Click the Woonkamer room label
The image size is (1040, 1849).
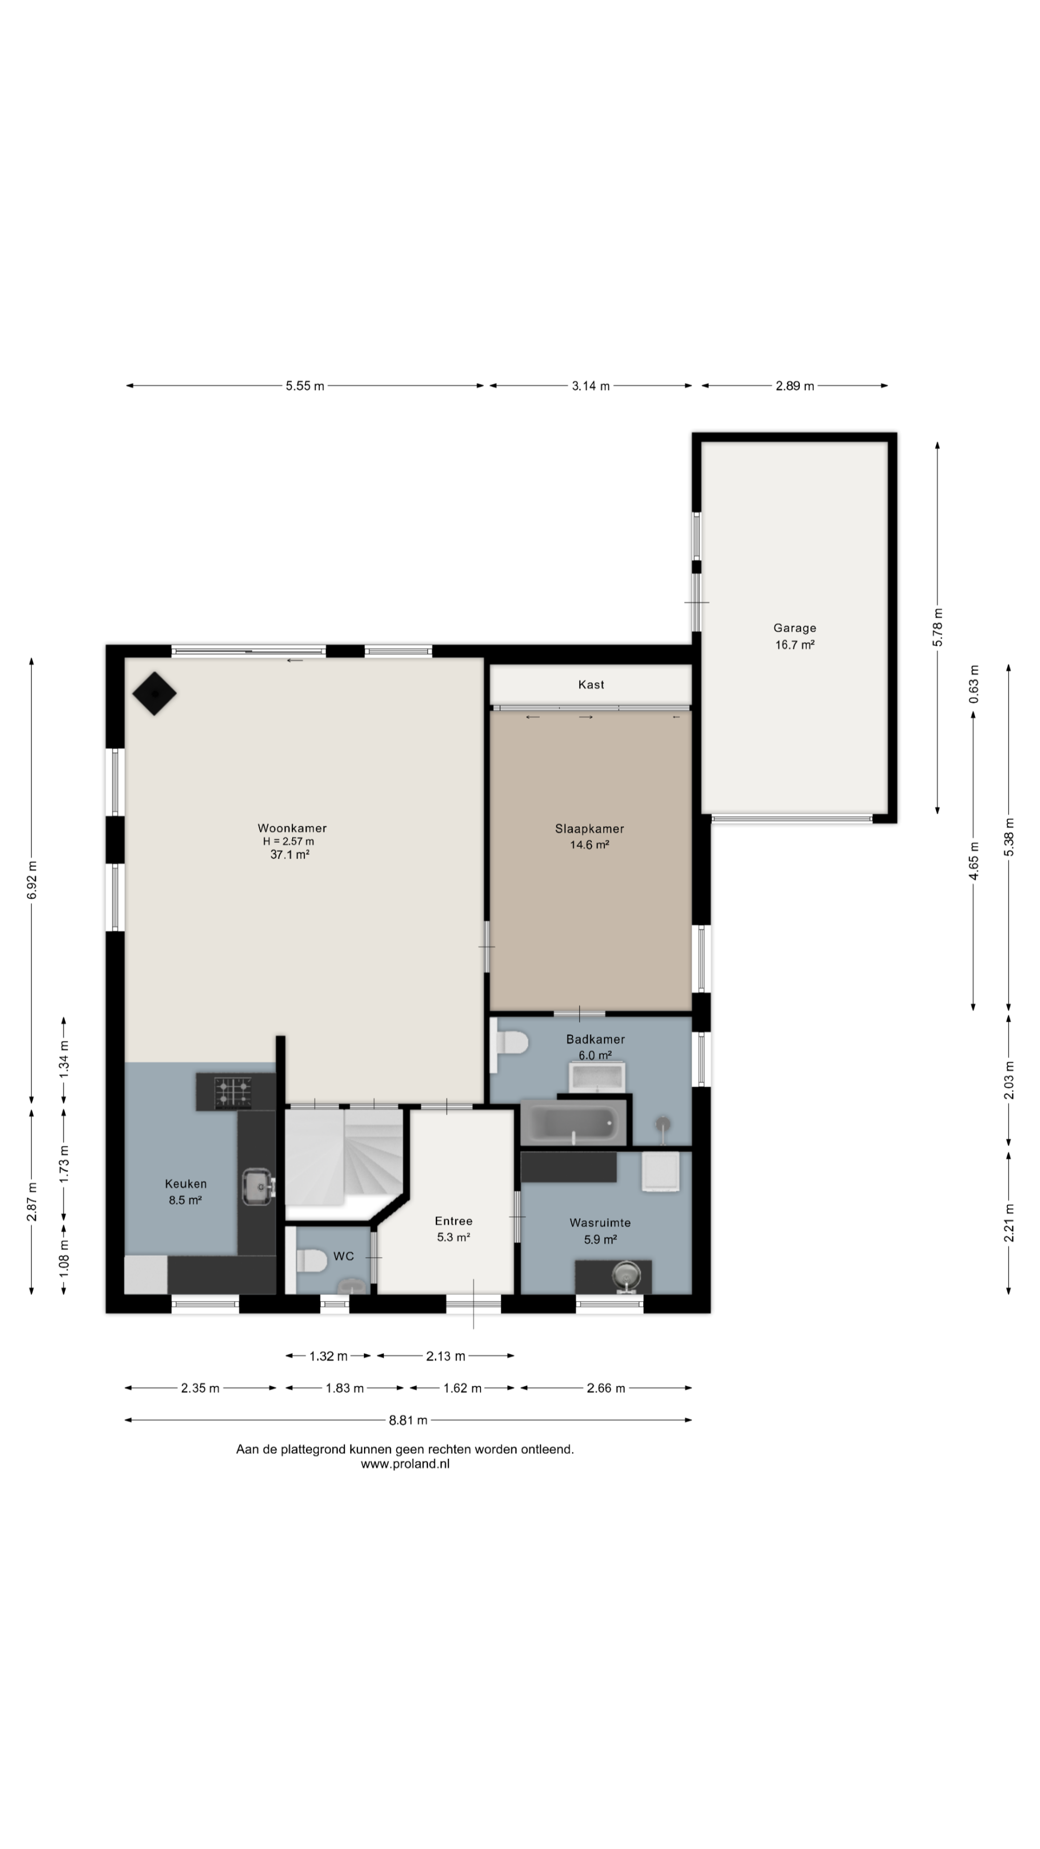[292, 828]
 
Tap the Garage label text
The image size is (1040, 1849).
[795, 628]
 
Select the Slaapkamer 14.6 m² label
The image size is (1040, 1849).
[589, 836]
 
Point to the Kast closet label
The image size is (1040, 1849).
[591, 685]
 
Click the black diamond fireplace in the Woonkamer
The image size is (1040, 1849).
[154, 694]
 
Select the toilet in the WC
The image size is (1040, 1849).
[311, 1260]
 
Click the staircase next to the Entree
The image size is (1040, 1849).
[345, 1155]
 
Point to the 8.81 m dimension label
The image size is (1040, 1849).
[408, 1420]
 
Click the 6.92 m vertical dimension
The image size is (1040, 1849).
[32, 879]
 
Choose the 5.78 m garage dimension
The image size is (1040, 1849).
[938, 627]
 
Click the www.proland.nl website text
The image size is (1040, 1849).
[405, 1464]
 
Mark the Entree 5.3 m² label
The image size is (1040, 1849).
[453, 1229]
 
